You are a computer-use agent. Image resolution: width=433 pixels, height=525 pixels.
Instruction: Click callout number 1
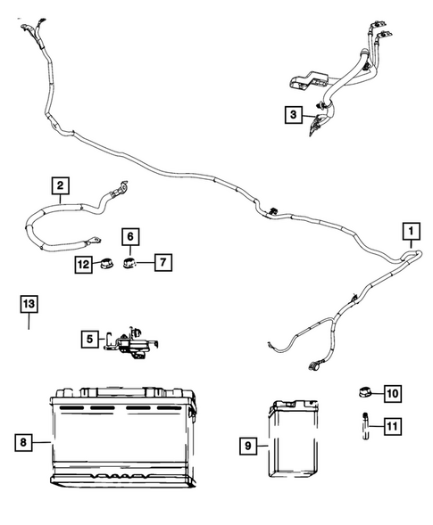(410, 233)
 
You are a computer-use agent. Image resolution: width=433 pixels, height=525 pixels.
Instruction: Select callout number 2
(59, 185)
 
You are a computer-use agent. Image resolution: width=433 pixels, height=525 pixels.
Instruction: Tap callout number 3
(292, 114)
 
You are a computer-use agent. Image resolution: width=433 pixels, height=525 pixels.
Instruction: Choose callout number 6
(130, 236)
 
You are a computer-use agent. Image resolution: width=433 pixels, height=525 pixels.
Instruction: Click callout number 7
(165, 262)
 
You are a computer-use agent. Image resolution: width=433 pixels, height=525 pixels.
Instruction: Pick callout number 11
(393, 427)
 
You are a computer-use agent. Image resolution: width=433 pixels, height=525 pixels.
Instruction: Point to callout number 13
(29, 305)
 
